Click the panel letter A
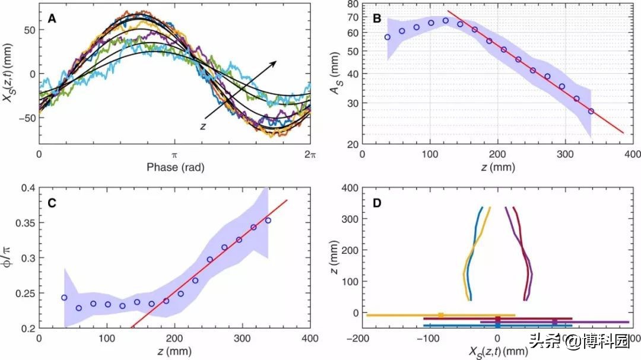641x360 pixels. (x=52, y=18)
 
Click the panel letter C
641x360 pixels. (x=52, y=203)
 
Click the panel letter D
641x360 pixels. (x=377, y=203)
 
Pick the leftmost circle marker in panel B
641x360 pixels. (x=388, y=37)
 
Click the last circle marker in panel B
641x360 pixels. (x=591, y=111)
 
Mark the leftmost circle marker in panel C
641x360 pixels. (x=64, y=297)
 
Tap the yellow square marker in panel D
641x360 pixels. (x=440, y=316)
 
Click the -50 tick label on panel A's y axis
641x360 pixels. (x=21, y=117)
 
